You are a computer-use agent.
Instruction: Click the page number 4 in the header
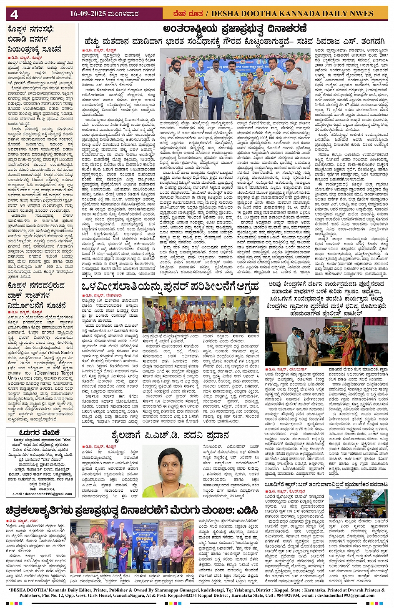pyautogui.click(x=14, y=14)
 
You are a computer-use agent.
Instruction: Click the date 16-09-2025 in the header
pyautogui.click(x=88, y=14)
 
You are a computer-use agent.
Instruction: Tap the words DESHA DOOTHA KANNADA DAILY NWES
pyautogui.click(x=292, y=14)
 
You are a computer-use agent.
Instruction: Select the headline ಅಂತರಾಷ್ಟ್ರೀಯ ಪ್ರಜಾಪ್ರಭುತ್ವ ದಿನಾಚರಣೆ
pyautogui.click(x=235, y=29)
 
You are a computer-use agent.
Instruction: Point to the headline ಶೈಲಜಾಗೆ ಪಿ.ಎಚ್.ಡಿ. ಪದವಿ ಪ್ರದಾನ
pyautogui.click(x=170, y=435)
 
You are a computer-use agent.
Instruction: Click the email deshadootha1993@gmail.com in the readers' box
pyautogui.click(x=42, y=494)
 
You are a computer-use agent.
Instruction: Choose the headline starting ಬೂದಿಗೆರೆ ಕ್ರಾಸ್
pyautogui.click(x=326, y=485)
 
